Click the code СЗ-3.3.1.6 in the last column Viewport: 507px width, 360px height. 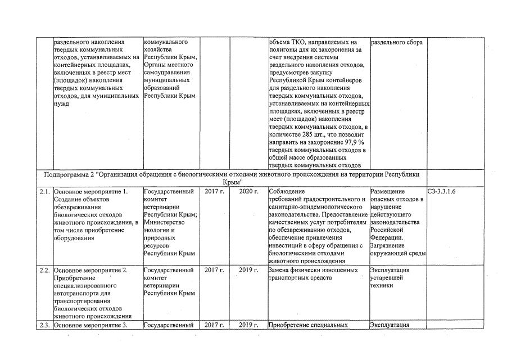(x=441, y=192)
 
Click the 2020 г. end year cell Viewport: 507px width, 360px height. (x=248, y=192)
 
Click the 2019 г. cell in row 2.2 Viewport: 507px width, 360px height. (x=248, y=270)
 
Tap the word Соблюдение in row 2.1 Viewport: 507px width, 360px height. (x=288, y=192)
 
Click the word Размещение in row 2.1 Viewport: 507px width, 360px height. (x=390, y=192)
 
